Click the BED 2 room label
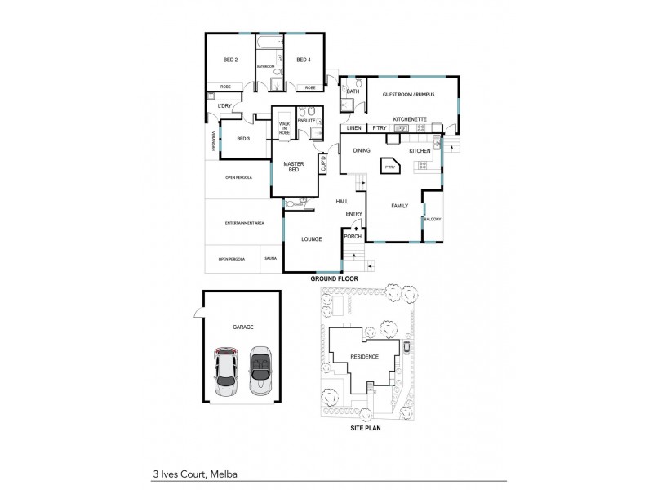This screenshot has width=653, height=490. pos(230,60)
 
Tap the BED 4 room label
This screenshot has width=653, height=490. pos(303,60)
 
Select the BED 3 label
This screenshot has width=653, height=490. pos(243,139)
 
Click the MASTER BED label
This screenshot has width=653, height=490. pos(293,167)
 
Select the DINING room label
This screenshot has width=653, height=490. pos(362,151)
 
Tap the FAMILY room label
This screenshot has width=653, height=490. pos(400,206)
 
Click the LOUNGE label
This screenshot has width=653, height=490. pos(311,239)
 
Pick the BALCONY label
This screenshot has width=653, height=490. pos(433,220)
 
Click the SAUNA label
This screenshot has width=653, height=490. pos(270,259)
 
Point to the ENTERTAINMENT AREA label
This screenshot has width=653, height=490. pos(244,222)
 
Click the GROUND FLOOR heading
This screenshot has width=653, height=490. pos(335,278)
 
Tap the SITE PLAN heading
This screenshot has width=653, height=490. pos(366,427)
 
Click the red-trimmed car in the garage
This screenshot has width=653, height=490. pos(227,372)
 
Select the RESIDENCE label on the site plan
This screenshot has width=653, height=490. pos(364,357)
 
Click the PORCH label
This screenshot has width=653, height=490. pos(352,236)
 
